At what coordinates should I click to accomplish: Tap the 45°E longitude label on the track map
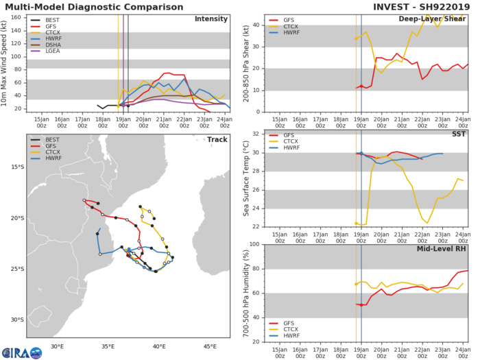coord(211,346)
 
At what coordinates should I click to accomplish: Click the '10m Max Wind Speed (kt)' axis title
coord(6,62)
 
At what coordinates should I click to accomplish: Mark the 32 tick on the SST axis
coord(256,134)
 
